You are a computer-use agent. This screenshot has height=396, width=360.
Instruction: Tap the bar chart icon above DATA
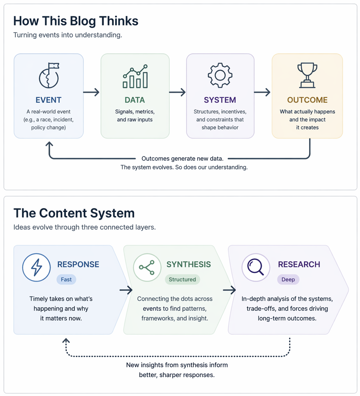coord(135,76)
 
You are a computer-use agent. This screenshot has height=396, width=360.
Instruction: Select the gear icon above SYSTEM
coord(220,75)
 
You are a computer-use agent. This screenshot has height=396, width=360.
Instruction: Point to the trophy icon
coord(307,75)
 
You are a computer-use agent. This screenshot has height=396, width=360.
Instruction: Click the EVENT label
coord(48,100)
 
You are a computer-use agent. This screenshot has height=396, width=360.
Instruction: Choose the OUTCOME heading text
coord(307,100)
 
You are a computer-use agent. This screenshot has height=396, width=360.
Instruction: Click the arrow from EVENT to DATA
coord(92,92)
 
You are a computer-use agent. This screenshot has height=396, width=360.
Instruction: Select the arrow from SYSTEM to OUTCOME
coord(262,92)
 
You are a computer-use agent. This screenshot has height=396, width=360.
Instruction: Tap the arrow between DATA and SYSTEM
coord(177,92)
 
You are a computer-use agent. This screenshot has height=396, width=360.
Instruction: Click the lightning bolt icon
coord(36,267)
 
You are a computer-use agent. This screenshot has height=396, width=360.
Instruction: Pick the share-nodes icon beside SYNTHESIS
coord(147,267)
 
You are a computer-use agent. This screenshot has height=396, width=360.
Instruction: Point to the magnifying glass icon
coord(256,267)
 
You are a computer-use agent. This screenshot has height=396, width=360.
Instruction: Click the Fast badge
coord(66,279)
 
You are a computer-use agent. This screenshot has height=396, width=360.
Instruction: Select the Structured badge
coord(182,279)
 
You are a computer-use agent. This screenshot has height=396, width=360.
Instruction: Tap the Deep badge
coord(288,279)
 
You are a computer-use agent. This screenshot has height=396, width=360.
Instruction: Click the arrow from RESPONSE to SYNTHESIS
coord(126,290)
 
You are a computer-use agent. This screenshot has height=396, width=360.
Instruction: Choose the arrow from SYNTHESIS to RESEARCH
coord(229,290)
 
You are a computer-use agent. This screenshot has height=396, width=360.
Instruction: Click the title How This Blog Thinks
coord(76,21)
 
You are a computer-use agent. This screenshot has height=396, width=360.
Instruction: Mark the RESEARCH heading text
coord(299,264)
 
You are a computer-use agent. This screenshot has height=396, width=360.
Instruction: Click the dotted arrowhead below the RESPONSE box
coord(66,341)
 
